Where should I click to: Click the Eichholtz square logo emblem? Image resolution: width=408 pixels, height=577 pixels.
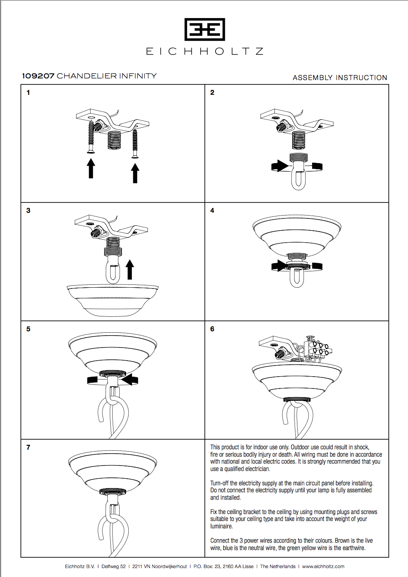pos(204,30)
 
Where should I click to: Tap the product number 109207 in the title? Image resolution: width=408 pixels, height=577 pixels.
pos(38,76)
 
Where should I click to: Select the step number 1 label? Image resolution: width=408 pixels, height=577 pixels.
pos(28,93)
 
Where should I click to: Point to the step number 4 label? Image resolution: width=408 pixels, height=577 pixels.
pos(212,211)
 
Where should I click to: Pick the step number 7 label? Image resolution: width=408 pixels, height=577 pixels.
pos(28,448)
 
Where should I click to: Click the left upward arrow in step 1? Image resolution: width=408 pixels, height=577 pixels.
pos(91,168)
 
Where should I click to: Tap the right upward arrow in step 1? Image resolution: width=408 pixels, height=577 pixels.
pos(135,173)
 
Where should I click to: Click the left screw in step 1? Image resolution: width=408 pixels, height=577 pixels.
pos(91,137)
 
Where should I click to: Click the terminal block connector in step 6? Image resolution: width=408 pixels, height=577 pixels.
pos(317,347)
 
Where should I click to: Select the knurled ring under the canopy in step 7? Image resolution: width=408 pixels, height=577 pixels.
pos(113,491)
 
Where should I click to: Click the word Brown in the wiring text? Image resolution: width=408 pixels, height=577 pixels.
pos(342,541)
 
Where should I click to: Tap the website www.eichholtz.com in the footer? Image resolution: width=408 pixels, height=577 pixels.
pos(323,566)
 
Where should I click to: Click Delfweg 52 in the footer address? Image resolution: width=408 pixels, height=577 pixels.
pos(113,566)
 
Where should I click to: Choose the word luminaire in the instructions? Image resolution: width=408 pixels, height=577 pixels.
pos(221,526)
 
